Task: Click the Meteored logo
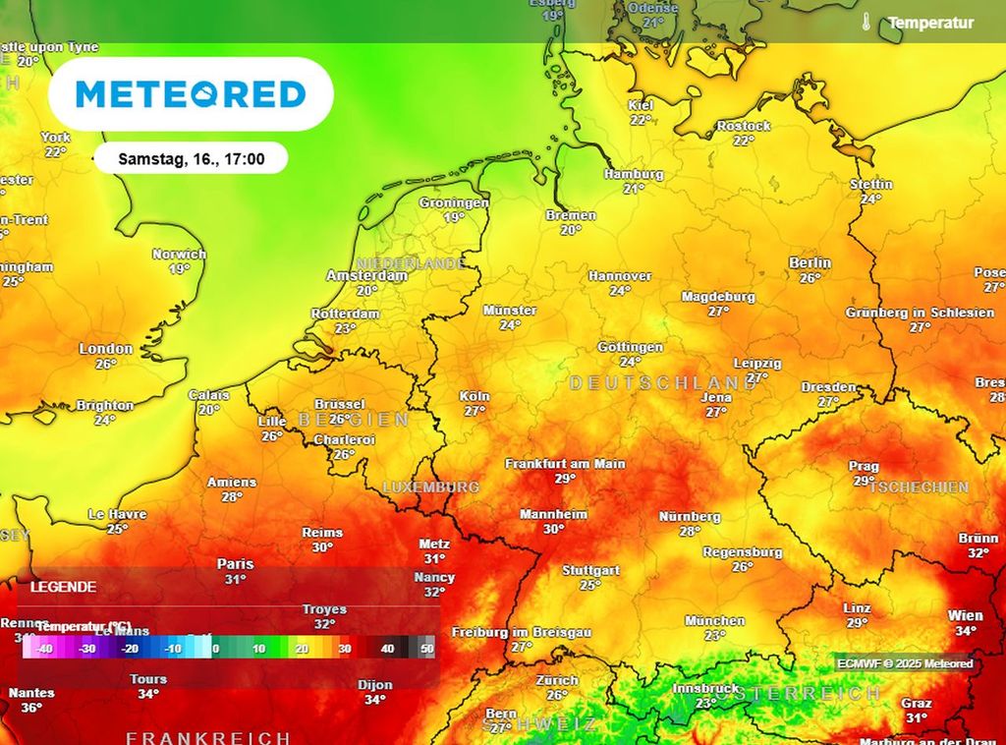(x=191, y=94)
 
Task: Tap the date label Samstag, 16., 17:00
(x=191, y=158)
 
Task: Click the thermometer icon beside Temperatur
(x=866, y=23)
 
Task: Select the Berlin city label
(x=810, y=263)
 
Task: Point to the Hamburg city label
(x=634, y=174)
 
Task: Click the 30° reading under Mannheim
(x=554, y=529)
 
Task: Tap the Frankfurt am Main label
(x=565, y=464)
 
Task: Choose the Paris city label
(x=235, y=564)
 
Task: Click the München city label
(x=714, y=621)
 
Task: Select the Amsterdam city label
(x=366, y=276)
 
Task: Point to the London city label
(x=106, y=349)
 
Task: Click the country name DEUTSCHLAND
(x=663, y=382)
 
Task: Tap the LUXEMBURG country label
(x=430, y=487)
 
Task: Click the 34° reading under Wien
(x=966, y=631)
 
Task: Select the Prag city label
(x=864, y=466)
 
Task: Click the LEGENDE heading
(x=64, y=587)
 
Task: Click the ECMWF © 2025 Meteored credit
(x=905, y=663)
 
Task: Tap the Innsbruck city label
(x=705, y=689)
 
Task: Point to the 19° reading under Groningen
(x=454, y=217)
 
